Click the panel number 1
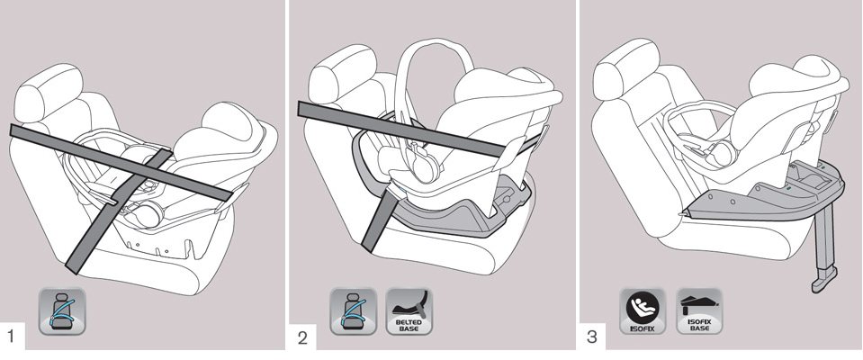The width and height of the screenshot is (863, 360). [x=12, y=336]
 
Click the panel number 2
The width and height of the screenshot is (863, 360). [x=302, y=337]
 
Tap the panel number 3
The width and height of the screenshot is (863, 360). [x=592, y=337]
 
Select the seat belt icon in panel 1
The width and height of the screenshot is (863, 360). [x=62, y=311]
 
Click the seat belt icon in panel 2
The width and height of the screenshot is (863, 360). [x=354, y=311]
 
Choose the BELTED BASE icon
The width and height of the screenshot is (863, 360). [x=409, y=311]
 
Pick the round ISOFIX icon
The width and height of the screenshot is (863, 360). [x=643, y=311]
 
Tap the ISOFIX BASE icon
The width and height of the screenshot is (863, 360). [x=699, y=311]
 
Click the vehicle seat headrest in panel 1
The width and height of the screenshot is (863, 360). [x=48, y=94]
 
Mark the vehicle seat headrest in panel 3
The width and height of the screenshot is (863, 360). [x=626, y=68]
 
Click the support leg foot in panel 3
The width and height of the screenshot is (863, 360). [x=823, y=280]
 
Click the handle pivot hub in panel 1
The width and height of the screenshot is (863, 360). [x=148, y=213]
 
